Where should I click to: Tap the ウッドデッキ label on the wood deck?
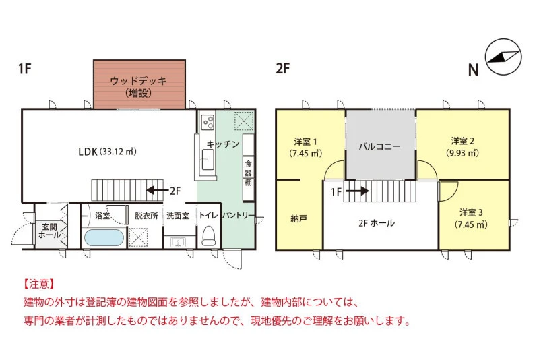point(139,81)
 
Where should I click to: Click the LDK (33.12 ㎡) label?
point(107,151)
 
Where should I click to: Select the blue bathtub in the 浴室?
point(104,237)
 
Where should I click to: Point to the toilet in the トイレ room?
point(208,235)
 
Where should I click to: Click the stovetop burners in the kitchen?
point(208,123)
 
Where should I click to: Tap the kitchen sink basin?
point(208,160)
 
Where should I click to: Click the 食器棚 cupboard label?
point(248,173)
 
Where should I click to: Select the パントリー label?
point(239,216)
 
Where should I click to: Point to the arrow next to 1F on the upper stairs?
point(357,191)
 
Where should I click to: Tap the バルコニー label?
point(379,146)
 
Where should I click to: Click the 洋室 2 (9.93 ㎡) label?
point(462,147)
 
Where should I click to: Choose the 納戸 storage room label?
point(298,218)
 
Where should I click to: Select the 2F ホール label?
point(377,223)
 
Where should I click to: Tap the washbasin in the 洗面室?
point(178,243)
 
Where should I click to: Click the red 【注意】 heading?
point(39,284)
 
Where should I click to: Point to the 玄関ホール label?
point(49,231)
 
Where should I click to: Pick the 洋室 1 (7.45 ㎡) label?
point(305,147)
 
